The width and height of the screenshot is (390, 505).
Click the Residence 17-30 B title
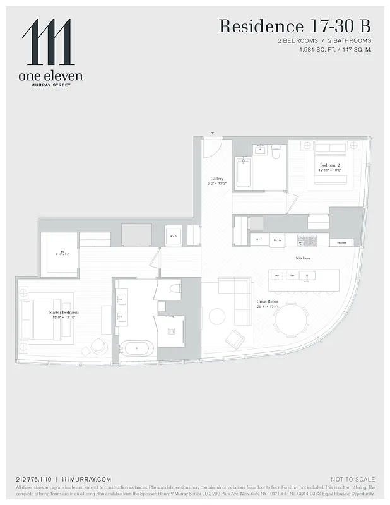tap(294, 27)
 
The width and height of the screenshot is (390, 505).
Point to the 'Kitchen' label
tap(303, 258)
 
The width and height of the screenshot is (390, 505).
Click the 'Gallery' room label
tap(217, 179)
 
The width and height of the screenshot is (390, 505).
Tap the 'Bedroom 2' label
tap(329, 165)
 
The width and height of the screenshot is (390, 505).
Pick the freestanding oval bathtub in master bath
tap(136, 348)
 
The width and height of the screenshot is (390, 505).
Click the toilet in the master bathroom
tap(174, 288)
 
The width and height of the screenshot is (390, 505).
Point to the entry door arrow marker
tap(213, 133)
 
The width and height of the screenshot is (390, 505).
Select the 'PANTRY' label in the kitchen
tap(341, 242)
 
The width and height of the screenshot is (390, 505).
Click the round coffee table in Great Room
tap(217, 316)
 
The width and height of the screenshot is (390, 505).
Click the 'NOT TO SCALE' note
tap(352, 479)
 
